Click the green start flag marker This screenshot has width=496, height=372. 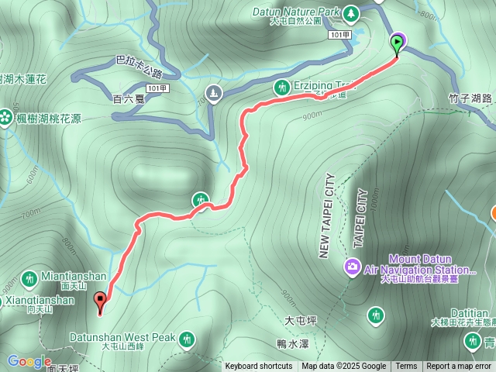(x=398, y=43)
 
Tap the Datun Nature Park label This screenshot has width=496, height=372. (x=297, y=12)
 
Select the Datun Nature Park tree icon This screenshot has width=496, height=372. (x=352, y=12)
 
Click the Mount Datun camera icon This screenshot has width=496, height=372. (x=353, y=267)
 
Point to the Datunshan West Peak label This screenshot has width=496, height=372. (x=122, y=338)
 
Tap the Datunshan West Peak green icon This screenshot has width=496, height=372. (x=187, y=339)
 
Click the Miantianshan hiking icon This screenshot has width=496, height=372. (x=29, y=278)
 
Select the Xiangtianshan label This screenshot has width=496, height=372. (x=38, y=299)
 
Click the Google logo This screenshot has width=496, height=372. (x=29, y=361)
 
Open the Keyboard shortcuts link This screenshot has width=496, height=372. (x=259, y=367)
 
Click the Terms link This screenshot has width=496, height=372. (x=406, y=367)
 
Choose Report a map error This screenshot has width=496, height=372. (x=459, y=367)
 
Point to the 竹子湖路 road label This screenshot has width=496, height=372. (x=470, y=98)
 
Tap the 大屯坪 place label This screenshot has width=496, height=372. (x=300, y=319)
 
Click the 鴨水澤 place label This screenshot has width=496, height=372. (x=292, y=342)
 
